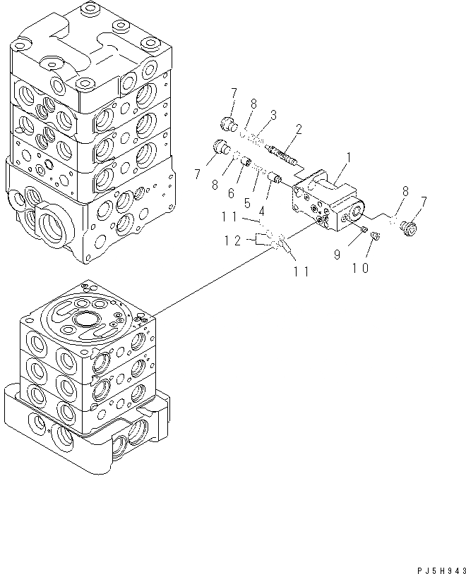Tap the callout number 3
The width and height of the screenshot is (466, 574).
coord(273,114)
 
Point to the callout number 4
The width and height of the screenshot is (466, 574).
coord(262,210)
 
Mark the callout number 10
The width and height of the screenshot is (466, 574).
coord(360,269)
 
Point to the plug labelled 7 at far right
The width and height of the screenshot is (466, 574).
coord(407,227)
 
